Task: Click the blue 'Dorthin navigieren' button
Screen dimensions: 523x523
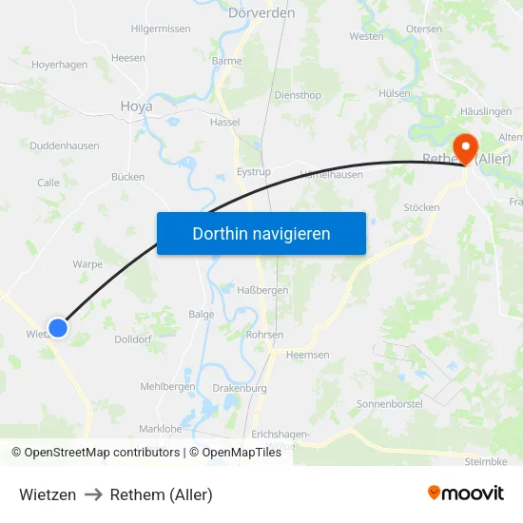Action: tap(261, 233)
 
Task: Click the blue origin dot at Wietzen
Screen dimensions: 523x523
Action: tap(58, 328)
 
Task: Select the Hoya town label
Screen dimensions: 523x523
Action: tap(136, 107)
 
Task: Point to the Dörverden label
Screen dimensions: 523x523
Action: tap(261, 13)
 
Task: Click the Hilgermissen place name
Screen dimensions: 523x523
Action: tap(161, 29)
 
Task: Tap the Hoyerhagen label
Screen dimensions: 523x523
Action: tap(59, 65)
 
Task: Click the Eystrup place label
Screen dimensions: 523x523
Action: tap(253, 172)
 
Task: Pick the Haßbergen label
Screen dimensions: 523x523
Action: tap(254, 289)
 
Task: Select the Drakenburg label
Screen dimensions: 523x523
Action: tap(241, 388)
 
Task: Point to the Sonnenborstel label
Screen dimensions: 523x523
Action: tap(389, 404)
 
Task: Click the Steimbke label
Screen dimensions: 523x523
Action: tap(487, 462)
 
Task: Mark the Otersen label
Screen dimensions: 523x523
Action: tap(424, 29)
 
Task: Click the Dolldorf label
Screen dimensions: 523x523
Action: tap(134, 339)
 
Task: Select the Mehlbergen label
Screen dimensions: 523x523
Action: tap(167, 386)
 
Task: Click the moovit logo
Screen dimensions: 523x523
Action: tap(465, 494)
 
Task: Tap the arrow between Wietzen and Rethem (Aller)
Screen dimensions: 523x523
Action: tap(93, 494)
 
